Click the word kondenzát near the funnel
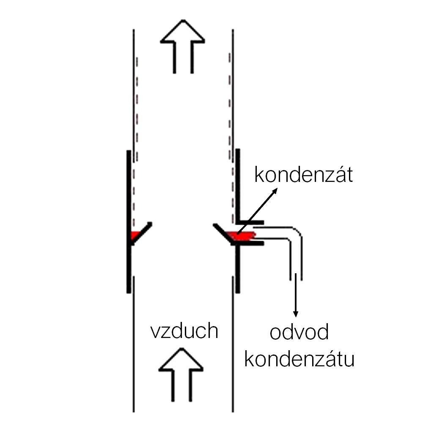tap(303, 175)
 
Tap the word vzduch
tap(184, 331)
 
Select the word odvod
tap(299, 333)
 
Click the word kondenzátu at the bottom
tap(299, 360)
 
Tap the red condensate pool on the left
tap(135, 235)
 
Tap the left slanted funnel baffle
tap(141, 232)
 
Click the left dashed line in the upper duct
tap(137, 127)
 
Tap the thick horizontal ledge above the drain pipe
tap(250, 222)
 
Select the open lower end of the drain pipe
tap(296, 277)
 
